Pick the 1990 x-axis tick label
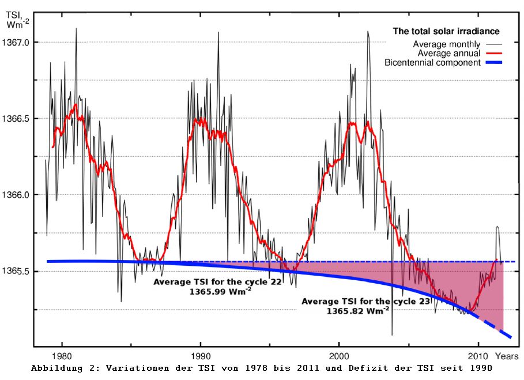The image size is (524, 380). click(x=201, y=356)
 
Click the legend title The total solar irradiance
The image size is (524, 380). click(x=446, y=31)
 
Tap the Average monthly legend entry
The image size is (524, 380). click(x=446, y=44)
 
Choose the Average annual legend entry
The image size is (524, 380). click(x=449, y=53)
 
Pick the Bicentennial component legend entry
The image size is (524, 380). click(x=432, y=62)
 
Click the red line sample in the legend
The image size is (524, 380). click(x=494, y=54)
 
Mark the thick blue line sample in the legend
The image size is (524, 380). click(x=494, y=63)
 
